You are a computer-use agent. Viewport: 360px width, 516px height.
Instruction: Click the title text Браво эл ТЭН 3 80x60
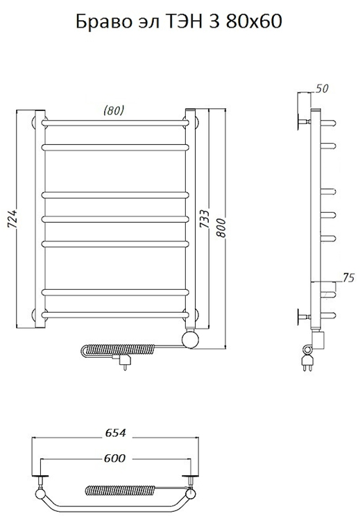179,21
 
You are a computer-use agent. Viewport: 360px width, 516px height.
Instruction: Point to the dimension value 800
221,227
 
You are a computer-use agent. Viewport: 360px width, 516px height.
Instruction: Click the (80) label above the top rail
114,110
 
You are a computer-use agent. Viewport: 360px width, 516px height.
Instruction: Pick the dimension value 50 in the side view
322,89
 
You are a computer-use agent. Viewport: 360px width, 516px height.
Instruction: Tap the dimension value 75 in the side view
348,278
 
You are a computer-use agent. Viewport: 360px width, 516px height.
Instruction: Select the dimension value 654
115,432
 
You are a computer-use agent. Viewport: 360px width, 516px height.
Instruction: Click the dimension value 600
115,458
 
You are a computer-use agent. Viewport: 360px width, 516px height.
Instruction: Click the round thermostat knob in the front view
191,340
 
